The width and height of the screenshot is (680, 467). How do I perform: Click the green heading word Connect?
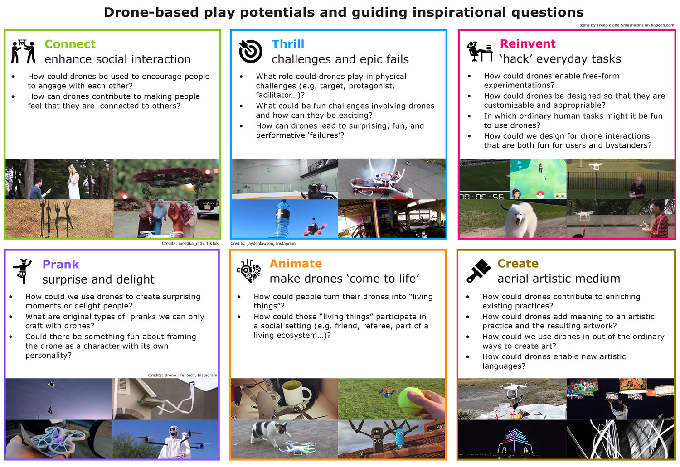coord(70,44)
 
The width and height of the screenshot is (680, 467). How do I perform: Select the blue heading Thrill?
coord(288,44)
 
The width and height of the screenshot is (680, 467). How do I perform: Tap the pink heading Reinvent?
coord(527,44)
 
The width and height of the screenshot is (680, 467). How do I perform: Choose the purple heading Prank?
coord(60,265)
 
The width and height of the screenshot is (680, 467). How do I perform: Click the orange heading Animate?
coord(296,264)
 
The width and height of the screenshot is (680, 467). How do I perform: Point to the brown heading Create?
coord(518,264)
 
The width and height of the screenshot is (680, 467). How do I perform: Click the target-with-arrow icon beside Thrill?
coord(250,51)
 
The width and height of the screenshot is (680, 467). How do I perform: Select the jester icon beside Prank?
coord(22,271)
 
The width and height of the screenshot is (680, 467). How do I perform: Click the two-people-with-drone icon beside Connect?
coord(23,51)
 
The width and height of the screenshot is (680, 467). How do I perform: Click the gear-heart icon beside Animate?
coord(249,271)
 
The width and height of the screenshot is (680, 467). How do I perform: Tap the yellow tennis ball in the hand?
coord(411,399)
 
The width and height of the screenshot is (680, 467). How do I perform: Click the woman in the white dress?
coord(73,181)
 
